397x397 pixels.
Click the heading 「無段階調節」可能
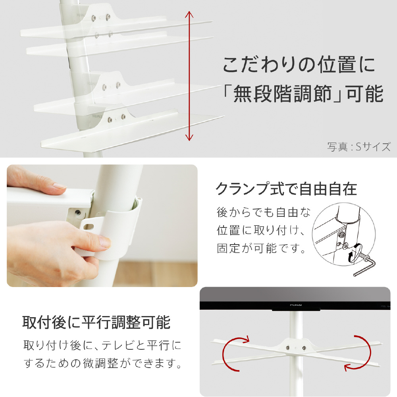point(303,94)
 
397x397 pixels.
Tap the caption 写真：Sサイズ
point(359,147)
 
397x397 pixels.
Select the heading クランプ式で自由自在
point(286,189)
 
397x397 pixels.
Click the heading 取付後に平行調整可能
point(96,322)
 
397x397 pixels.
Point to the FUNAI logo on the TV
point(295,305)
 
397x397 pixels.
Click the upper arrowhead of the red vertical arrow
point(189,14)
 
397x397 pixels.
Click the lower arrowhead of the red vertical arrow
point(189,137)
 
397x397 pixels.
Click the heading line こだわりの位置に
point(299,65)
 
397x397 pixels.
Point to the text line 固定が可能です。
point(261,248)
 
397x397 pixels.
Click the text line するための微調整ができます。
point(102,363)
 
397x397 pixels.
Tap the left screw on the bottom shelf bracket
point(110,120)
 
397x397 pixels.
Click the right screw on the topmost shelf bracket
point(108,17)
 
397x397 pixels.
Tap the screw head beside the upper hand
point(78,212)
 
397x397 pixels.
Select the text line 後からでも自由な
point(263,212)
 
